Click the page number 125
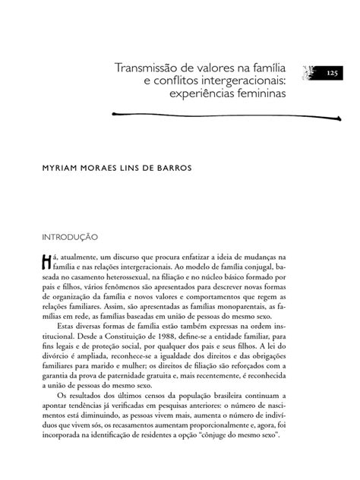pyautogui.click(x=333, y=73)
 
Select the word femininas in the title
pyautogui.click(x=257, y=98)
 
